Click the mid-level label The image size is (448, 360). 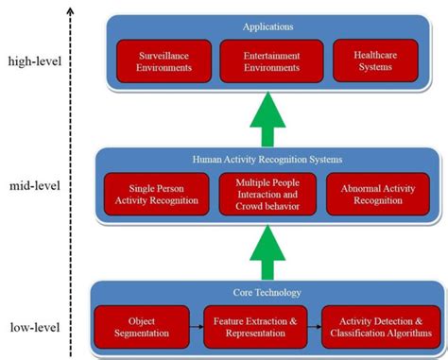pyautogui.click(x=35, y=185)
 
